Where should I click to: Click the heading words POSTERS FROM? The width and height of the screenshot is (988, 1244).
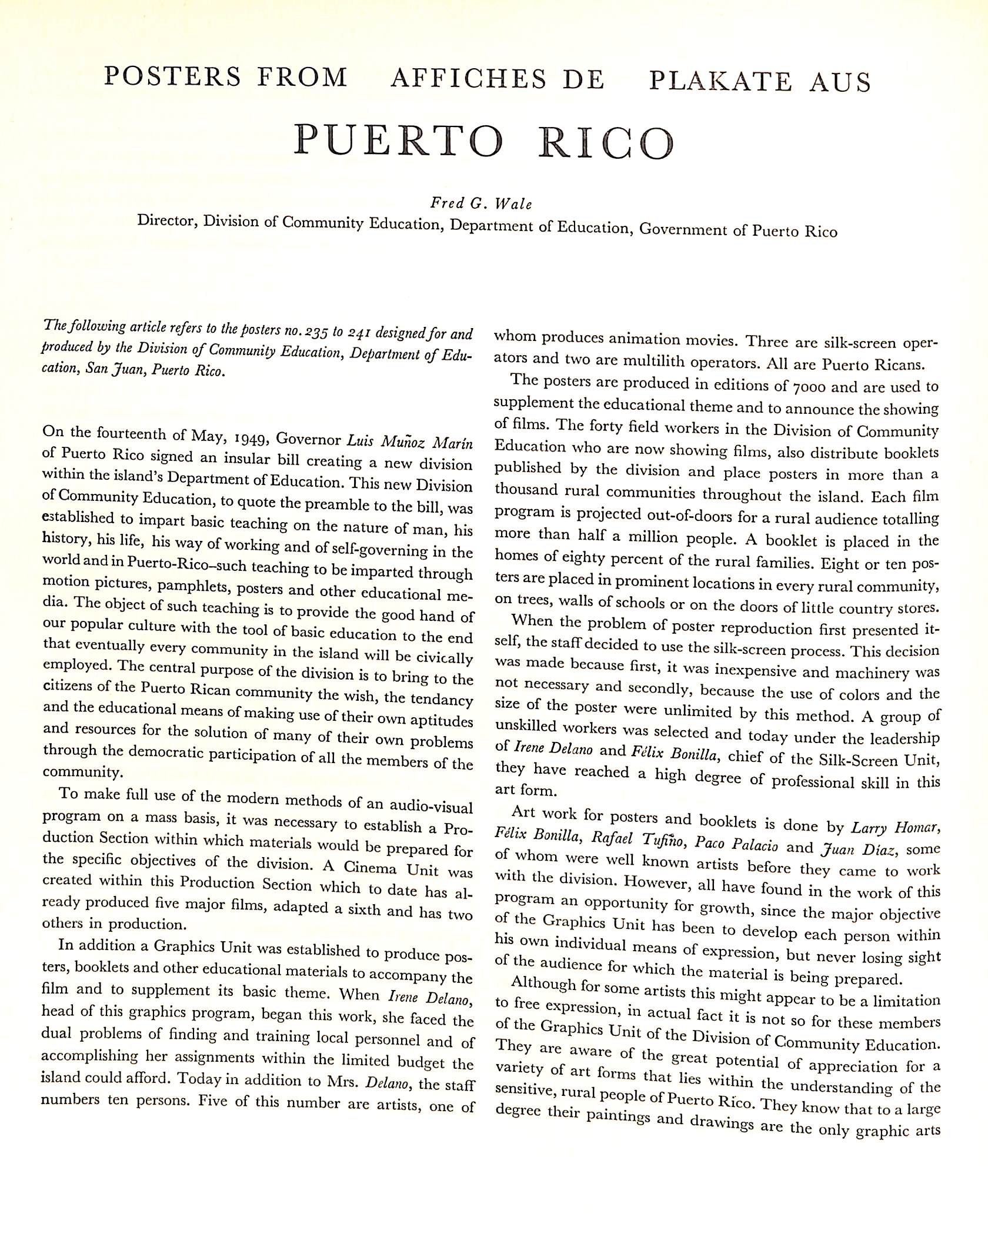click(225, 78)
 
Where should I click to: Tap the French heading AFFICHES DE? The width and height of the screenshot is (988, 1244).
click(498, 79)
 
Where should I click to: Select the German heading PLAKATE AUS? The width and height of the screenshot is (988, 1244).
click(760, 82)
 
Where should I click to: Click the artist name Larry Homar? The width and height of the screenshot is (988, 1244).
click(896, 828)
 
